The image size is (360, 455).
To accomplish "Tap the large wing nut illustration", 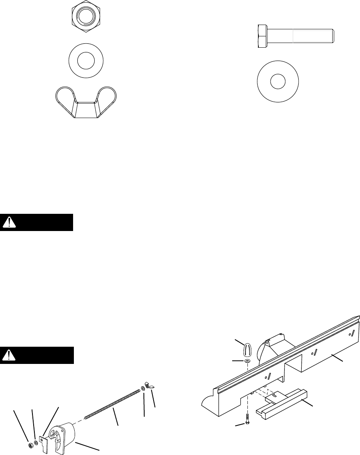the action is [86, 102].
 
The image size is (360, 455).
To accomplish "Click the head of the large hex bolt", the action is [263, 36].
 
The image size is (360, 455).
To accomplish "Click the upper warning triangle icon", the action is [8, 222].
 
